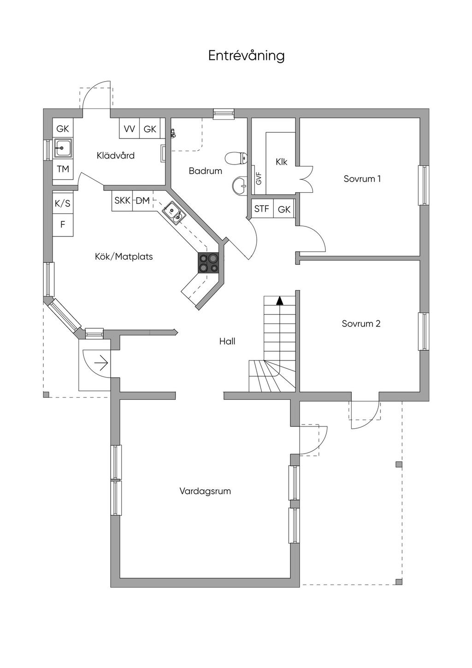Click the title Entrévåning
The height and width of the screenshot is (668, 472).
click(x=246, y=56)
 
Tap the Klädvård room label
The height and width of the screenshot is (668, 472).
click(x=116, y=155)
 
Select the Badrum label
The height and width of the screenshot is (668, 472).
click(x=206, y=171)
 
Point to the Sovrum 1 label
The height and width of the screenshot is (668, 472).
click(x=362, y=178)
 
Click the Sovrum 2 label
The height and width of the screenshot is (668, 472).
click(x=361, y=324)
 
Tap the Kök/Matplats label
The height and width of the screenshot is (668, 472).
click(x=124, y=256)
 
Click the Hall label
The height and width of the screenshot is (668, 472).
click(x=227, y=341)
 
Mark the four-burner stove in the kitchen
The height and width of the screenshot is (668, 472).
click(x=208, y=263)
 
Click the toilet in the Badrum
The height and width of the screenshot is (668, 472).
click(x=236, y=158)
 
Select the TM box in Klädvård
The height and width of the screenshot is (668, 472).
click(x=63, y=169)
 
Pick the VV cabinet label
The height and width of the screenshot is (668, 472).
click(x=130, y=129)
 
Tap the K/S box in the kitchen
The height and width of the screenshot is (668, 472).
click(x=63, y=203)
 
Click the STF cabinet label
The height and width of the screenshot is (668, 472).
click(x=261, y=209)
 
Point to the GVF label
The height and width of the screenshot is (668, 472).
click(x=259, y=178)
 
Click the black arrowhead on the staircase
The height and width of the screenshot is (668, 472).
click(x=279, y=301)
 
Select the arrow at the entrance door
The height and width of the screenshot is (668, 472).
click(x=101, y=363)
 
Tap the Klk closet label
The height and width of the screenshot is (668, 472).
click(x=282, y=162)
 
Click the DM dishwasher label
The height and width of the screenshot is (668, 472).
click(x=142, y=201)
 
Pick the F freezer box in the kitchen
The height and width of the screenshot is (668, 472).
click(x=63, y=224)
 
